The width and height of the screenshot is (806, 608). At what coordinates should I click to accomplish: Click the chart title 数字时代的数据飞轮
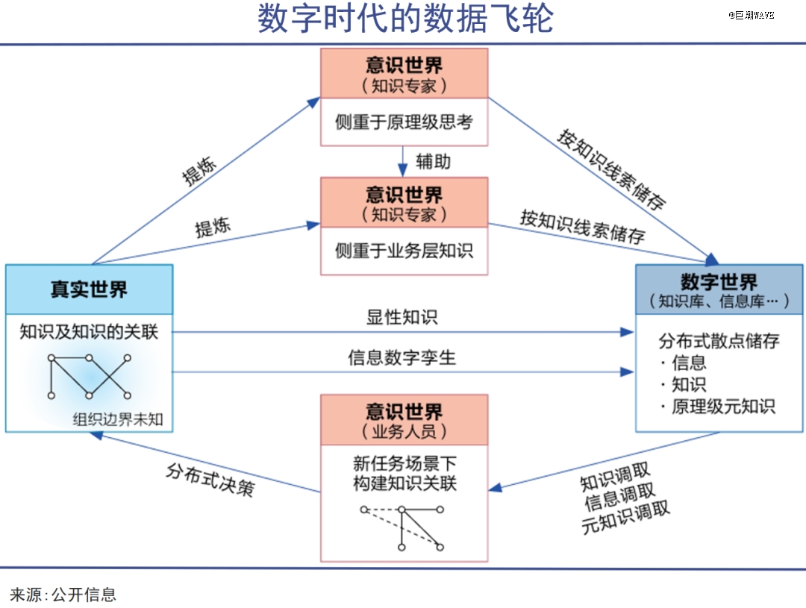pos(405,20)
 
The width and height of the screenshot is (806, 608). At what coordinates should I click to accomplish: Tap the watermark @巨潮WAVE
pos(752,15)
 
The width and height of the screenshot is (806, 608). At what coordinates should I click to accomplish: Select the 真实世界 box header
pos(89,289)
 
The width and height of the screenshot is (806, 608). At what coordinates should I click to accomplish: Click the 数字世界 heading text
pos(719,282)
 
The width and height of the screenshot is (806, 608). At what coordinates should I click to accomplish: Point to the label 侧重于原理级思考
pos(404,122)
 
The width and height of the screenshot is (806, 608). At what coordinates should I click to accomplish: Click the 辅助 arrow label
pos(433,161)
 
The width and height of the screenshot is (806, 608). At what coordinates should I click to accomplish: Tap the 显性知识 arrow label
pos(402,317)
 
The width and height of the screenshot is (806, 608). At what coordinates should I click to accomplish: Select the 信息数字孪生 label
pos(402,358)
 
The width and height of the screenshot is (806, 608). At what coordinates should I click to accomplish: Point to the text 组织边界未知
pos(117,419)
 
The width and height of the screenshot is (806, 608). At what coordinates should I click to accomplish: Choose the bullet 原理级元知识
pos(723,407)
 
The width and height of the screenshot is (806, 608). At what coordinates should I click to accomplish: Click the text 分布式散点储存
pos(719,341)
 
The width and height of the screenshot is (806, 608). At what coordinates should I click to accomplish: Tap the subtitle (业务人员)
pos(404,431)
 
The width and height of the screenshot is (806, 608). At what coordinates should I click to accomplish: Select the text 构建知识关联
pos(404,483)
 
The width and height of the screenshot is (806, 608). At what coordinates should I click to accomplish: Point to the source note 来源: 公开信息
pos(63,595)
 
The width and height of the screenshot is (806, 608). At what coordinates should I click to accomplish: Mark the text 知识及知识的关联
pos(89,330)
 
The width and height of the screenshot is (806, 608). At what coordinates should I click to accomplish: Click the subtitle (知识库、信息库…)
pos(719,301)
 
